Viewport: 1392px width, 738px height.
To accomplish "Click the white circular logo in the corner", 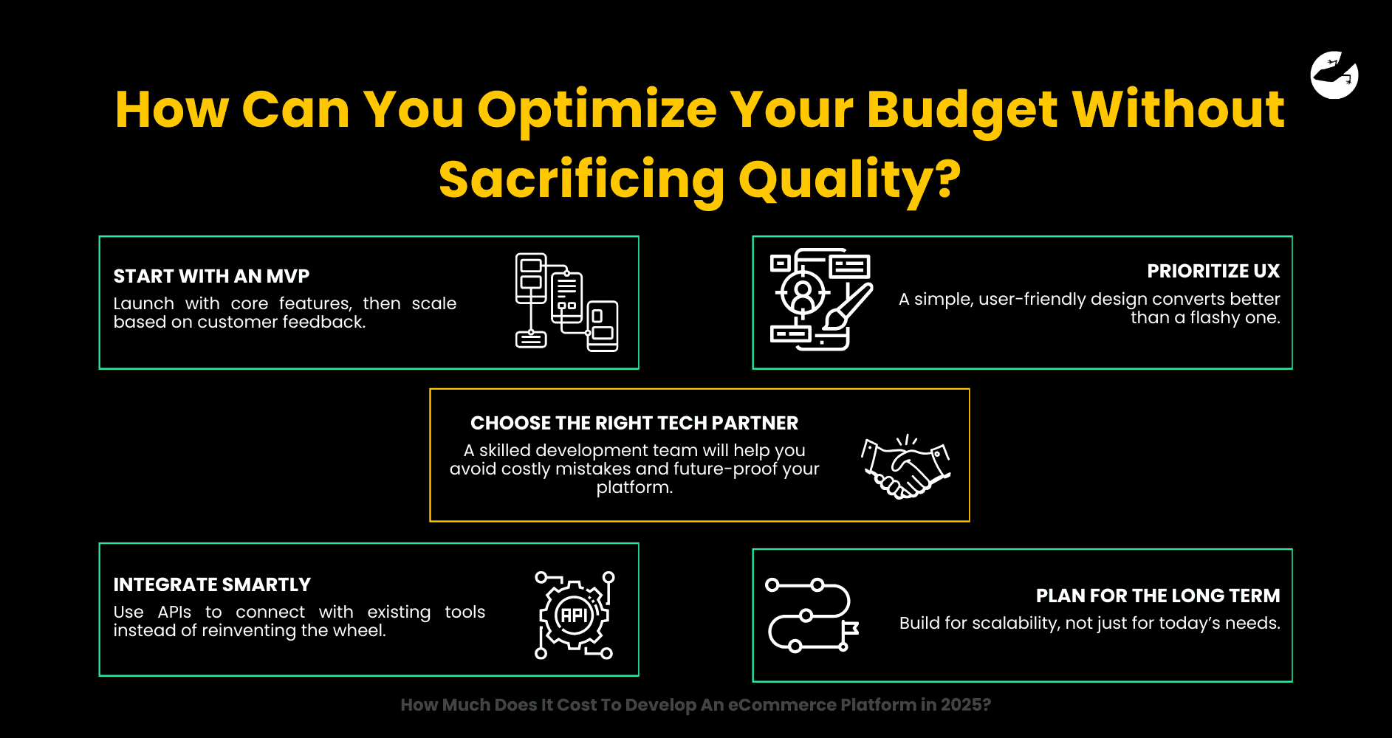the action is pyautogui.click(x=1334, y=75).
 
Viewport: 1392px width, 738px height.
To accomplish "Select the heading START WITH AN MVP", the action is pyautogui.click(x=211, y=276).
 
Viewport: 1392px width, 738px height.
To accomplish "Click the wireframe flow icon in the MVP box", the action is pyautogui.click(x=566, y=302).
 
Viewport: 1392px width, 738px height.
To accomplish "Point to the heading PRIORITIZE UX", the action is pyautogui.click(x=1213, y=271).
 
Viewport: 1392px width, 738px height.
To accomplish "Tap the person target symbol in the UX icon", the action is pyautogui.click(x=802, y=293).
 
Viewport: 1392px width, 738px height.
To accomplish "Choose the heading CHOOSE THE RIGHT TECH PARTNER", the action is pyautogui.click(x=634, y=423).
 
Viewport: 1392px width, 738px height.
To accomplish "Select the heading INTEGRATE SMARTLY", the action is pyautogui.click(x=212, y=584).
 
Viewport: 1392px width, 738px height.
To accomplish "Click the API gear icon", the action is pyautogui.click(x=575, y=615).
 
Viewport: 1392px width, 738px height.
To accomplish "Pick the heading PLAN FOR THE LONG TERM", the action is pyautogui.click(x=1158, y=596).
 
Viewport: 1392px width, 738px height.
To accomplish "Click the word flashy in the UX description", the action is pyautogui.click(x=1215, y=318).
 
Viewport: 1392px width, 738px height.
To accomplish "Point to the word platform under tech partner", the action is pyautogui.click(x=634, y=488).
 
